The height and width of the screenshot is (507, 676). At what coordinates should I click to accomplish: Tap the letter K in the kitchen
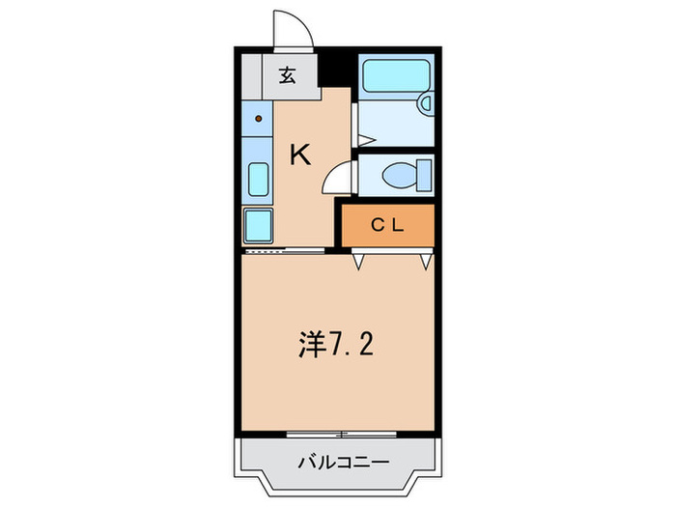(x=301, y=154)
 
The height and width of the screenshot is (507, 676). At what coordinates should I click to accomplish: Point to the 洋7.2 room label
(x=335, y=344)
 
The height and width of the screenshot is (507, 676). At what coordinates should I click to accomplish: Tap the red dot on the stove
(x=259, y=120)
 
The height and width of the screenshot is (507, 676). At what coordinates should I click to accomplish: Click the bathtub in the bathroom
(x=396, y=74)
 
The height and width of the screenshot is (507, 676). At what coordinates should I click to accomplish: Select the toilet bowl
(x=396, y=177)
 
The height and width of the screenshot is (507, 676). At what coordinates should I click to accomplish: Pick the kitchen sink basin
(x=258, y=180)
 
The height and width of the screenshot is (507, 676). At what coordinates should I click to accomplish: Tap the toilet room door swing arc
(x=338, y=177)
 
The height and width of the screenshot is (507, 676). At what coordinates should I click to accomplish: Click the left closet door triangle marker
(x=359, y=260)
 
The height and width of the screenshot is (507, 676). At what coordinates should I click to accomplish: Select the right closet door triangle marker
(x=425, y=260)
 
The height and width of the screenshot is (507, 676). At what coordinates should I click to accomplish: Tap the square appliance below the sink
(x=258, y=226)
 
